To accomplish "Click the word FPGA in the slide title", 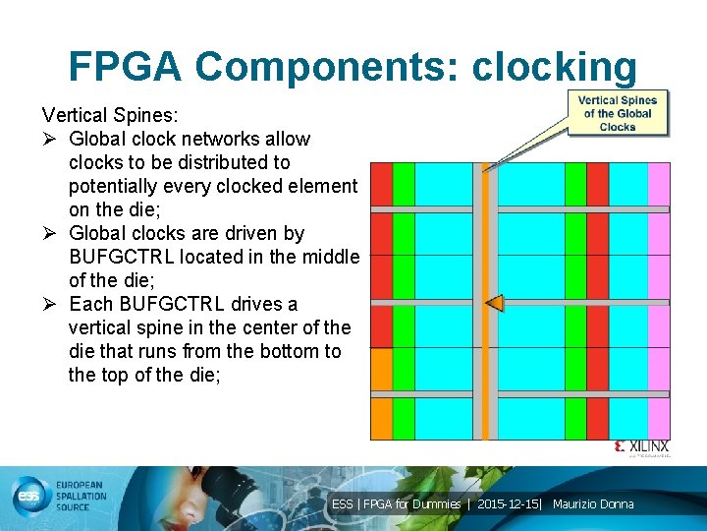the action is pos(125,67).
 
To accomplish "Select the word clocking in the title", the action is pos(554,67).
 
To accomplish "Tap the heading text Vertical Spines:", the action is pos(109,115).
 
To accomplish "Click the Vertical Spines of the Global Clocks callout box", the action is pos(617,113).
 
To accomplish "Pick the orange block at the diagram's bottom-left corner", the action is pos(380,369).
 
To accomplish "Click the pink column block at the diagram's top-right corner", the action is pos(659,185).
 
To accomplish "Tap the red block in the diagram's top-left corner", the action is pos(380,185).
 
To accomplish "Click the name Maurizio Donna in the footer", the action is pos(593,504).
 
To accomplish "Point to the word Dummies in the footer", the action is pos(436,504).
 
